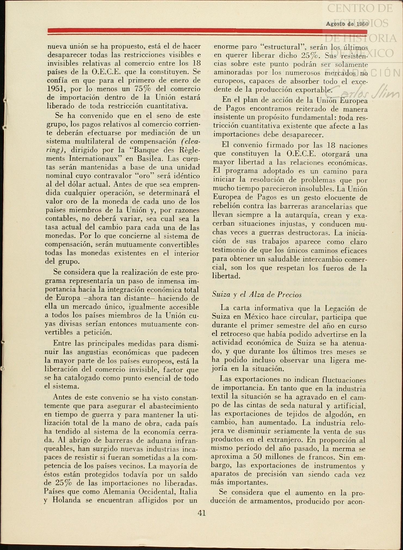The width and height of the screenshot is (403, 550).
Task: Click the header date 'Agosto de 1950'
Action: click(347, 24)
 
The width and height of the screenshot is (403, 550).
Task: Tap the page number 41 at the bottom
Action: click(202, 513)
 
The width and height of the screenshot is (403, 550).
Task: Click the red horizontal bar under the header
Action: click(207, 31)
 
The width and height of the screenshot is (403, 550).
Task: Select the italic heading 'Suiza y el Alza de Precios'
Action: click(257, 295)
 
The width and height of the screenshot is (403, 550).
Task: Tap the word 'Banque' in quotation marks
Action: click(146, 150)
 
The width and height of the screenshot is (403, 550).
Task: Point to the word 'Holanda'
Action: click(67, 500)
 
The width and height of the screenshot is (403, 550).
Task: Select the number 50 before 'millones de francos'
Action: click(257, 457)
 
